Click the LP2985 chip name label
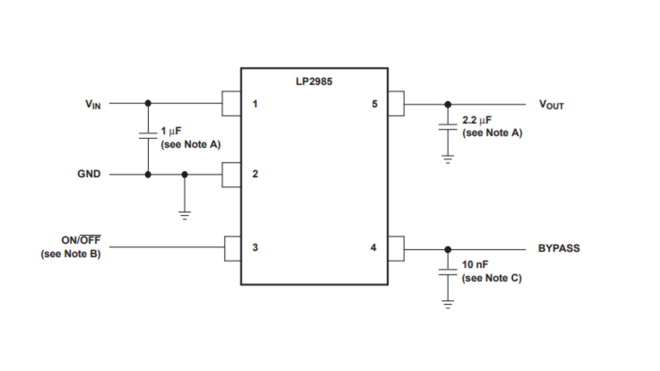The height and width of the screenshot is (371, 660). (314, 82)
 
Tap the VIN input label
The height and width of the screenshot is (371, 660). (93, 104)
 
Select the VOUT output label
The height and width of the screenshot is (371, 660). (551, 105)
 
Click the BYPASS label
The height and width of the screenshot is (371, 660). (559, 248)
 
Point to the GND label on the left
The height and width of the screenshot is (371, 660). (89, 174)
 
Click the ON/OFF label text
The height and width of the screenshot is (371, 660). (81, 240)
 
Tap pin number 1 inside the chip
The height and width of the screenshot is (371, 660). (255, 104)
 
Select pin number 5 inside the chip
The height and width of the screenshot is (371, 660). (375, 104)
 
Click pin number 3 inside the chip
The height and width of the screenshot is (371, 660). (255, 247)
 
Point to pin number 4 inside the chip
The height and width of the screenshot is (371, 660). (373, 248)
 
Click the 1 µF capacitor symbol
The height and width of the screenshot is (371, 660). (148, 136)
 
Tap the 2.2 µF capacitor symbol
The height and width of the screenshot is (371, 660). (448, 127)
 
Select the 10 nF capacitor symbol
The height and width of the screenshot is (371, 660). (448, 272)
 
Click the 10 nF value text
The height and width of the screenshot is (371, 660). (475, 265)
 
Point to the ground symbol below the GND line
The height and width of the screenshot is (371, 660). (185, 215)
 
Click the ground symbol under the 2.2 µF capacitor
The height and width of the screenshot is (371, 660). (448, 159)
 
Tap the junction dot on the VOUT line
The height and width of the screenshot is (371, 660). (448, 104)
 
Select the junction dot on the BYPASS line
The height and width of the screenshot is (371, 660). (448, 249)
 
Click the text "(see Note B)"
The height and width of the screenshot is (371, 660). (71, 254)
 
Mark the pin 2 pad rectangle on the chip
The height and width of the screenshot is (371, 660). (231, 175)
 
